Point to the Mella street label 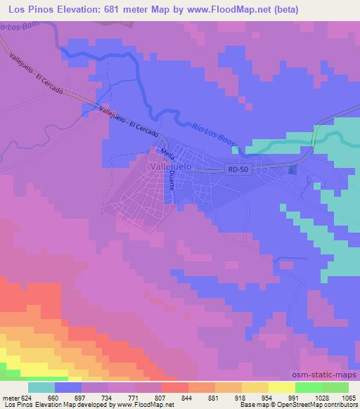[167, 152]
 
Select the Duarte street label [171, 184]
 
